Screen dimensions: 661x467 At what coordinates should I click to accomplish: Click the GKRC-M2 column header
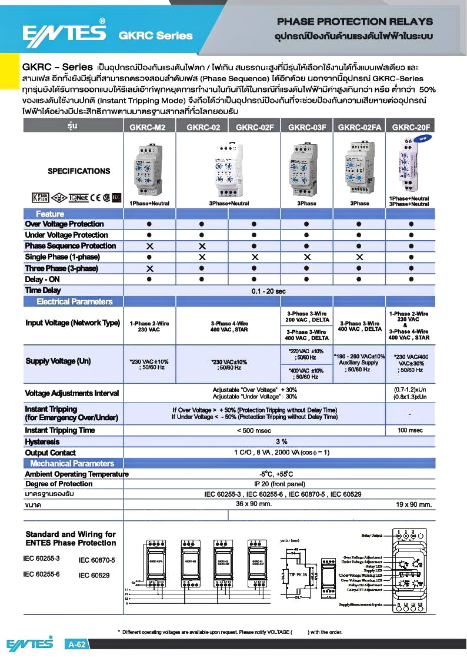click(x=149, y=127)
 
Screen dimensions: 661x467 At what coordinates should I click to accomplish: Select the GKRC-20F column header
click(x=411, y=127)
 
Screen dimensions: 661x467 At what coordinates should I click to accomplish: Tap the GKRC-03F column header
click(x=306, y=127)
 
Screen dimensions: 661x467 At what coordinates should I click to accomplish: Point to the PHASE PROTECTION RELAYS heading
click(x=355, y=22)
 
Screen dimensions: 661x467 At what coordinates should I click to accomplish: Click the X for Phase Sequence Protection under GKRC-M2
click(x=149, y=246)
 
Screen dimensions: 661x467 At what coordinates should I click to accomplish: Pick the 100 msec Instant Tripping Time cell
click(x=411, y=430)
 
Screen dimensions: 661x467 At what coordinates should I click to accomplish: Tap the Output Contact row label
click(x=51, y=453)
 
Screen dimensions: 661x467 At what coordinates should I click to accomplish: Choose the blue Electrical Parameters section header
click(x=74, y=302)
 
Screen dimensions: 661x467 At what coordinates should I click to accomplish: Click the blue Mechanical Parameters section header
click(x=72, y=464)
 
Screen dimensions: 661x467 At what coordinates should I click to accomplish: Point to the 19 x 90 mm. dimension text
click(x=413, y=504)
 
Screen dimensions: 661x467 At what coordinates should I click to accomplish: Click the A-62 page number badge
click(x=78, y=645)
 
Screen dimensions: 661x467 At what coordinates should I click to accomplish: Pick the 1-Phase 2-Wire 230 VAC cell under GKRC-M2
click(x=149, y=326)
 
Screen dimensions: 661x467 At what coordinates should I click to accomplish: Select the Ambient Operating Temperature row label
click(x=76, y=474)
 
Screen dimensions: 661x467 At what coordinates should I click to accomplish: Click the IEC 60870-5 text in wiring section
click(x=97, y=560)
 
